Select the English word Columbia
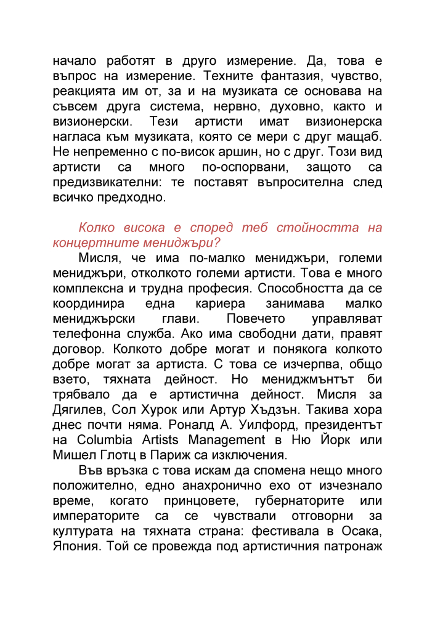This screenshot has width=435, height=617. coord(104,439)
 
